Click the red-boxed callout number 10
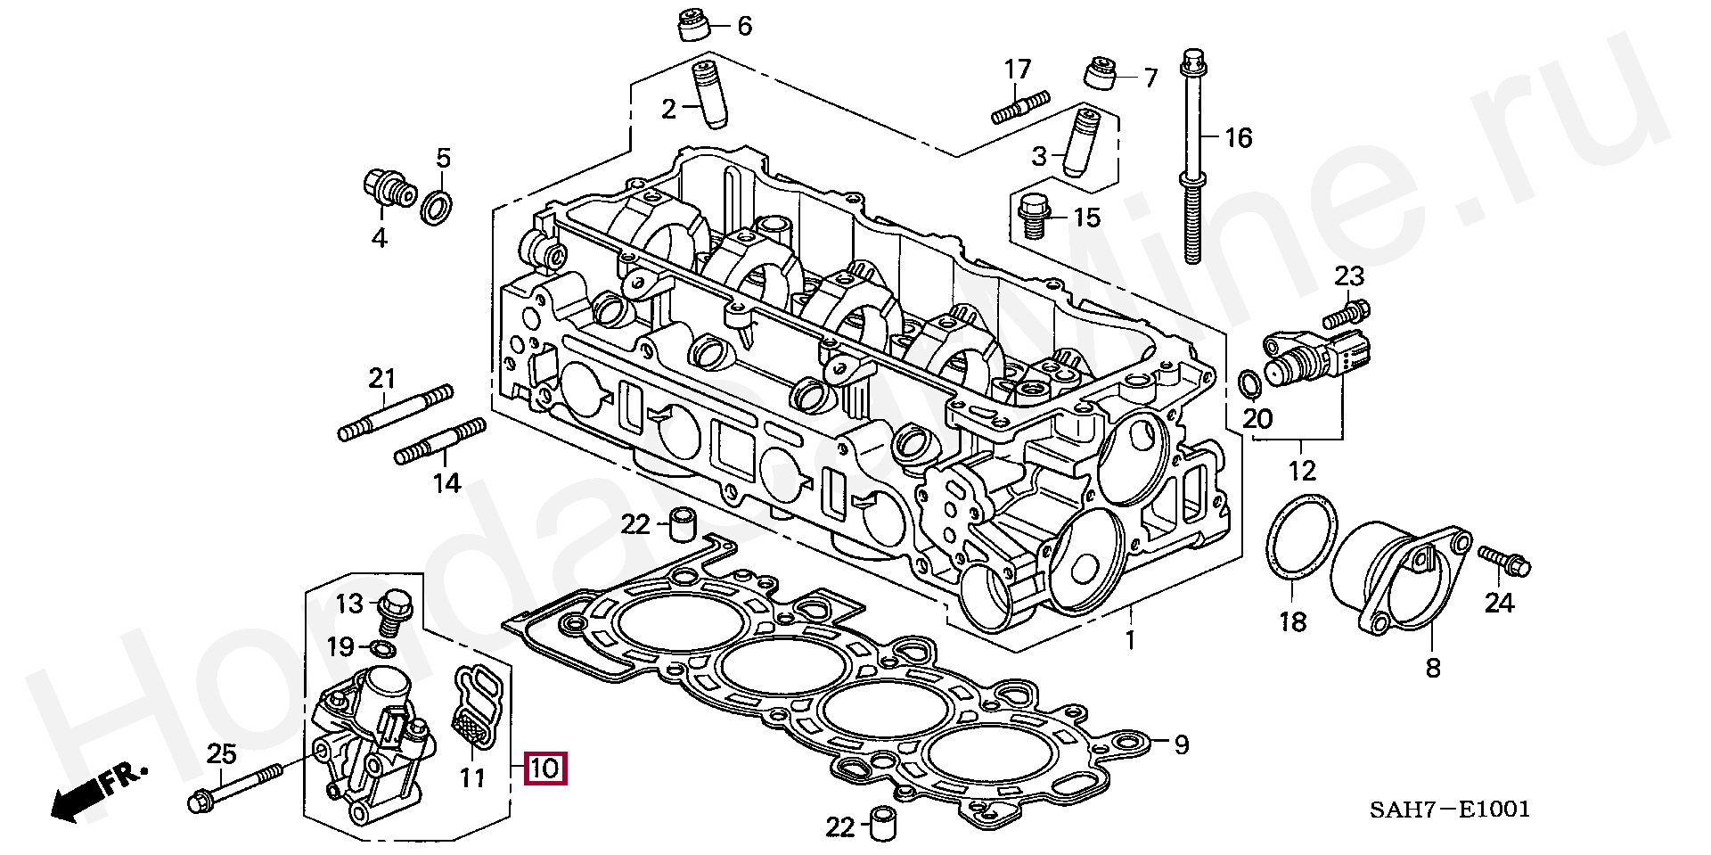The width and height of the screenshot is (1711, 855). click(544, 768)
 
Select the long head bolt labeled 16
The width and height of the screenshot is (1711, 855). click(1193, 157)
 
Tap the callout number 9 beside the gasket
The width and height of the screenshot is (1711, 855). click(1181, 744)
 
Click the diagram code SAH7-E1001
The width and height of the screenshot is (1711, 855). click(1450, 809)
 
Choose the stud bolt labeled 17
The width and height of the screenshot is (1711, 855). click(1020, 106)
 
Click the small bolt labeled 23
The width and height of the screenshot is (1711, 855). click(1347, 313)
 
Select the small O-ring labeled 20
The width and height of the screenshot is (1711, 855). click(1250, 382)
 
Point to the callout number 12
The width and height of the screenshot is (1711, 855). click(1302, 470)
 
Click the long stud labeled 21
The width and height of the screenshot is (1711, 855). click(396, 413)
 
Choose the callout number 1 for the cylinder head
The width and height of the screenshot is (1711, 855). click(1130, 640)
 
